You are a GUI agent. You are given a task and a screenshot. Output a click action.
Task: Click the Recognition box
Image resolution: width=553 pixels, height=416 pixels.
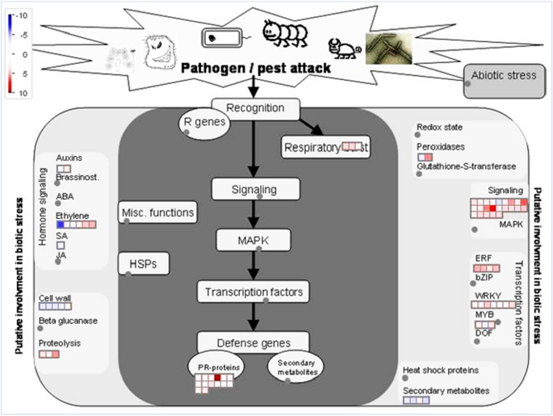pos(255,107)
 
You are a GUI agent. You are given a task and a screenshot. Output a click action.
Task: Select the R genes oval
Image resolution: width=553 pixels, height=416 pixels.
pos(204,123)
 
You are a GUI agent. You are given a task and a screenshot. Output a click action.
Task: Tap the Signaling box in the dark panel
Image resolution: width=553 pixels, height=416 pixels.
pos(255,189)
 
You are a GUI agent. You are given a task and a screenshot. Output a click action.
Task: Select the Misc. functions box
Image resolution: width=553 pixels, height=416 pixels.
pos(157,212)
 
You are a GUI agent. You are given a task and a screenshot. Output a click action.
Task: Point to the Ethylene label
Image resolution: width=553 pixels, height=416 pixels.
pos(71,216)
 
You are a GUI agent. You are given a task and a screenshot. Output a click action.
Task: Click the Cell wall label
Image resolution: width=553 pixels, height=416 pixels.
pos(55,298)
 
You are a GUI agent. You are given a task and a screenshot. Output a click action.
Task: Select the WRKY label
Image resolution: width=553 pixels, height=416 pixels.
pos(486,295)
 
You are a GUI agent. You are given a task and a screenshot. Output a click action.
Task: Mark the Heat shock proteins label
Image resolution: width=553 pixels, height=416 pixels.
pos(441,370)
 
